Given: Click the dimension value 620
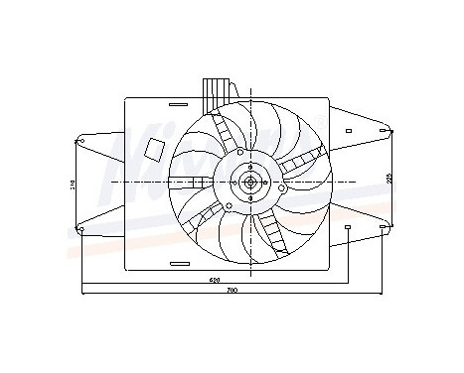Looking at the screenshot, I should click(x=215, y=281).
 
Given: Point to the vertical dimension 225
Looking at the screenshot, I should click(x=389, y=179).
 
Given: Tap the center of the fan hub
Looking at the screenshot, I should click(x=249, y=183).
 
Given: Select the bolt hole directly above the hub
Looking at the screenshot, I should click(x=238, y=152).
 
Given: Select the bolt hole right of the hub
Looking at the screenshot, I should click(x=281, y=186).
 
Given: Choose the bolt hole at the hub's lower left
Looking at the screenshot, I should click(x=230, y=206).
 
